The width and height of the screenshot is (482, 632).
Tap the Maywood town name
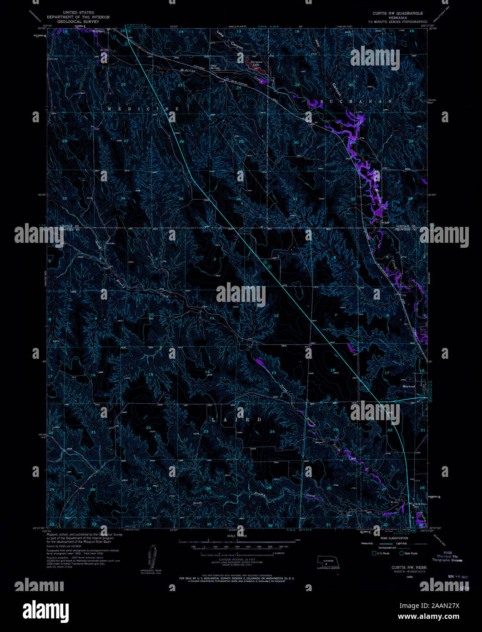coord(408,386)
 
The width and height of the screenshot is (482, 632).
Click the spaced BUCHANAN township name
coord(356,101)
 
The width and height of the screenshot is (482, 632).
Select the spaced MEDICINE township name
coord(142,109)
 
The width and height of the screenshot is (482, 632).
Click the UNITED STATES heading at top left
coord(79,12)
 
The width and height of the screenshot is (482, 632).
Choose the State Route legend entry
coord(407,553)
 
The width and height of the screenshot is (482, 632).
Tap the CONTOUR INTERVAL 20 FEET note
coord(232,560)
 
